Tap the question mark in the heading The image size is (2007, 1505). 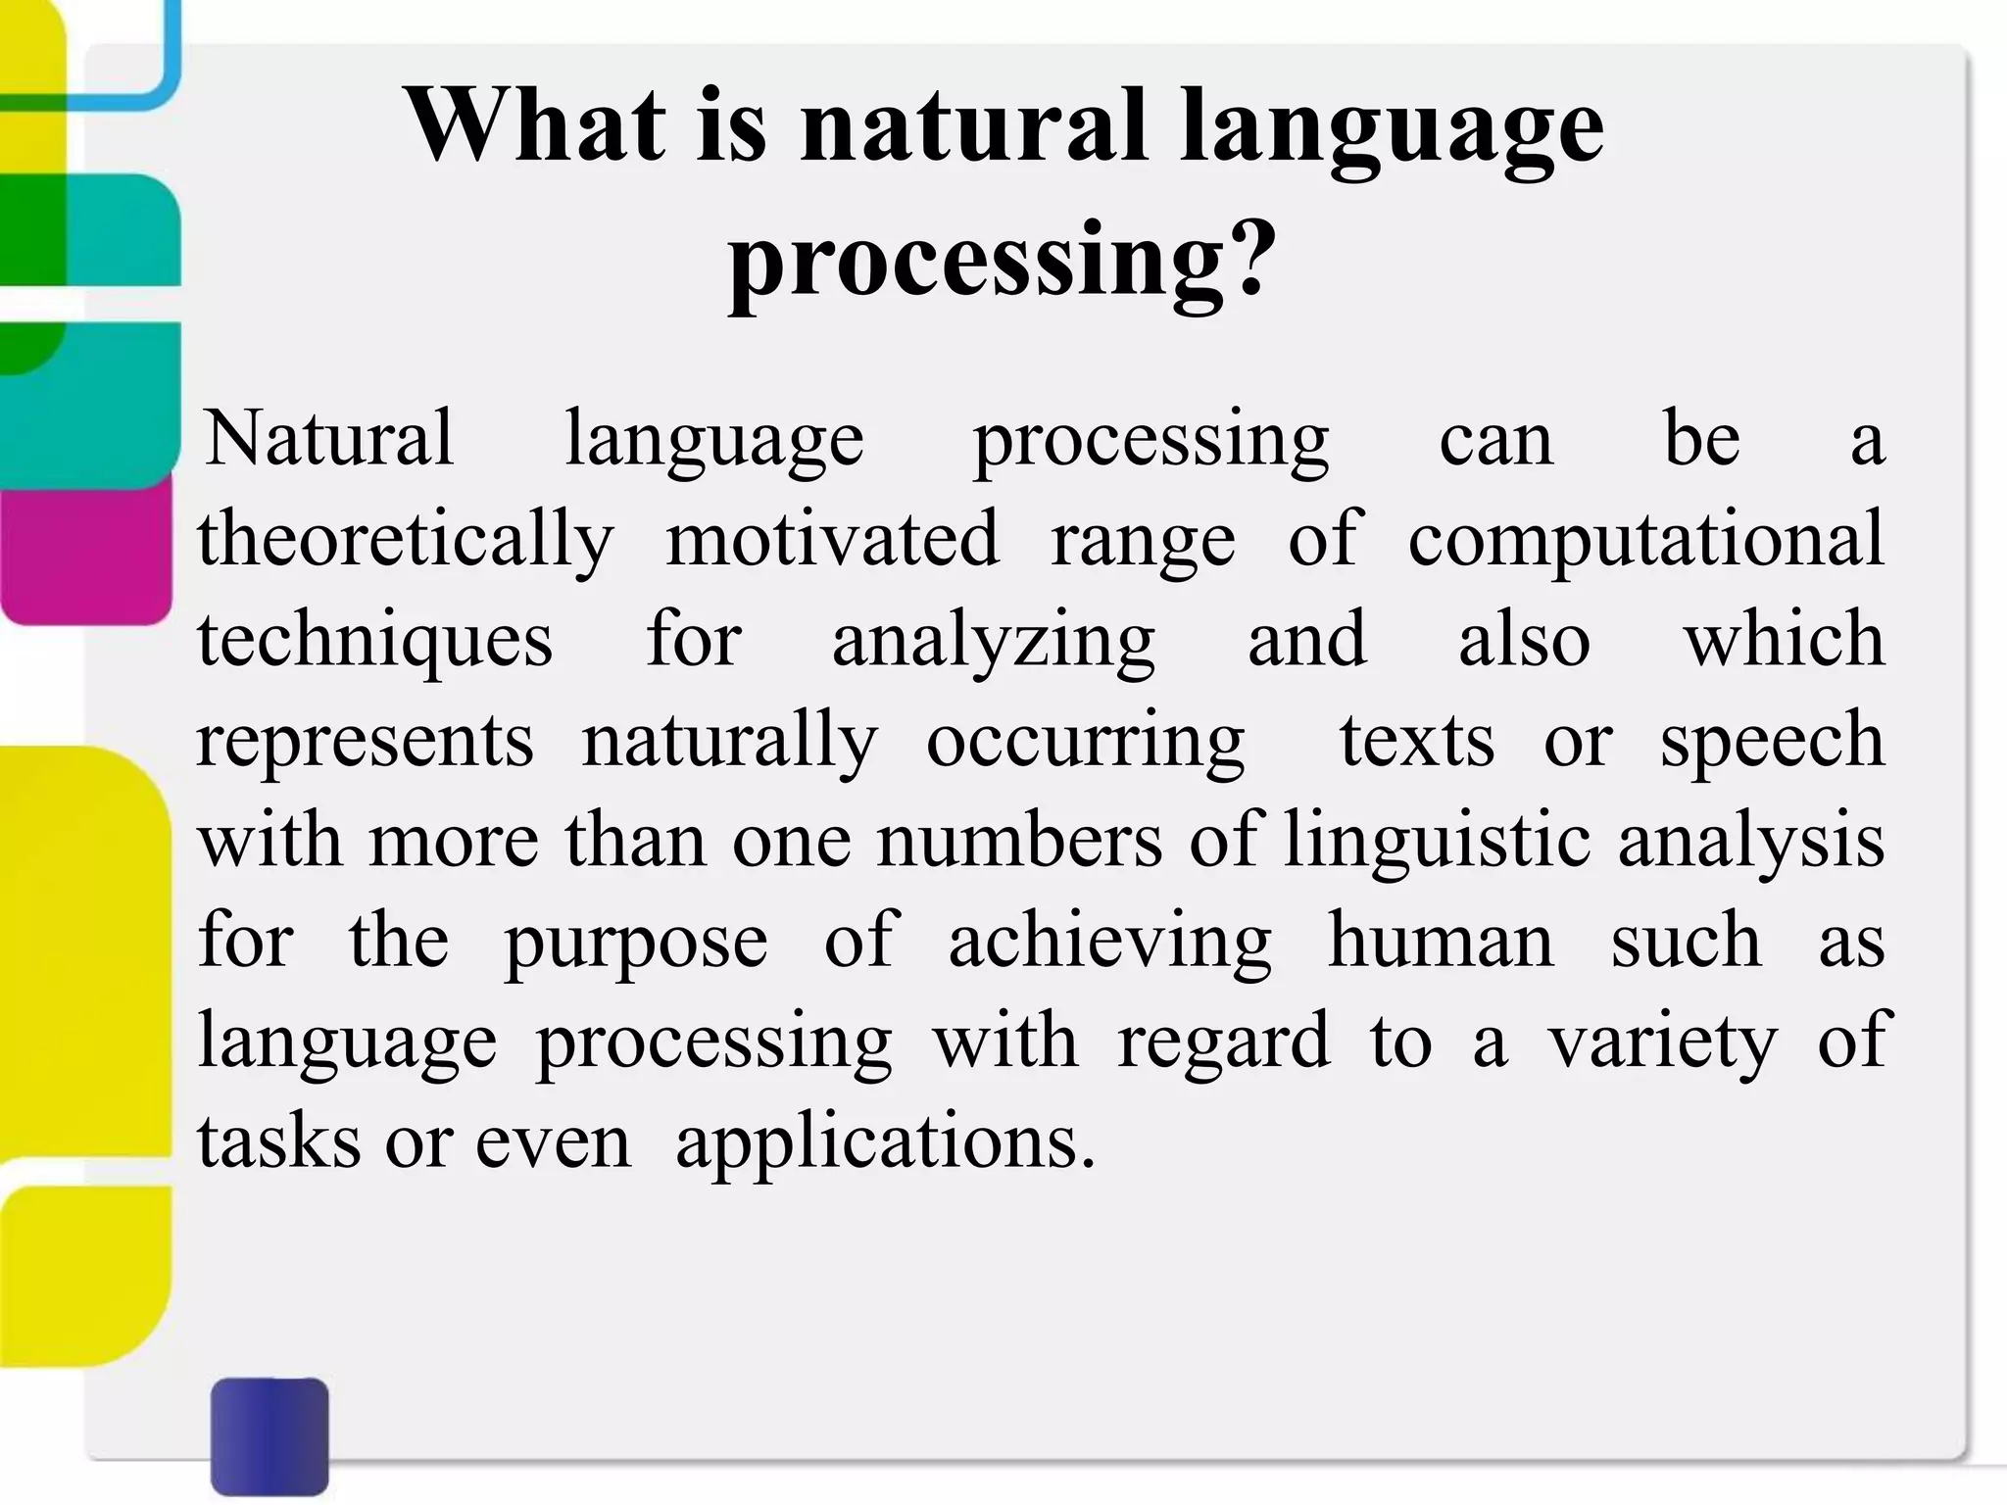(x=1250, y=257)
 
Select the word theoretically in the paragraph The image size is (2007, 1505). (x=405, y=540)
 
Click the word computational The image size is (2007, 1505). (x=1646, y=540)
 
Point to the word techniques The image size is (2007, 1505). (x=375, y=642)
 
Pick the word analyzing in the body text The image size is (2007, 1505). (x=994, y=642)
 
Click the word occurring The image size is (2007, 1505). (x=1085, y=743)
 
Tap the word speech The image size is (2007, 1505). (x=1772, y=743)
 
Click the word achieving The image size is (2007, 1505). (x=1109, y=944)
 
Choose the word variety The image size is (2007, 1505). (x=1662, y=1044)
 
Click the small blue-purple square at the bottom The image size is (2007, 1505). (x=269, y=1435)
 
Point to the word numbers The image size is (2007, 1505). (x=1019, y=843)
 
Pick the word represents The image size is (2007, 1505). (x=365, y=743)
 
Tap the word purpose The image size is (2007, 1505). (x=635, y=944)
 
